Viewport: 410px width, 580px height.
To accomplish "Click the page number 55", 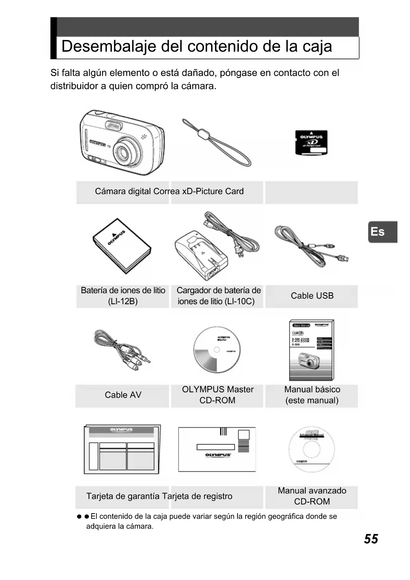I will tap(371, 539).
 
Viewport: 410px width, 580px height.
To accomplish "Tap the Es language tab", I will tap(378, 232).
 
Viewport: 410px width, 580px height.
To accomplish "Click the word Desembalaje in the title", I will tap(108, 46).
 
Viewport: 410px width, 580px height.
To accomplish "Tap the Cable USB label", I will tap(312, 296).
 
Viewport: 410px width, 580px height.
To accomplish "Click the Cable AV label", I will tap(123, 395).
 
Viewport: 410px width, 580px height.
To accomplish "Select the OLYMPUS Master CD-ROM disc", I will tap(217, 350).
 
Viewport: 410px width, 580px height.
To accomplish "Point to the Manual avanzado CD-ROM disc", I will tap(312, 449).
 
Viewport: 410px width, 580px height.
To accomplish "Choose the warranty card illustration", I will tap(122, 449).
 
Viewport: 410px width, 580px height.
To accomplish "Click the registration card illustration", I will tap(217, 449).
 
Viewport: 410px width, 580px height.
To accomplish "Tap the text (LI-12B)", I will tap(123, 301).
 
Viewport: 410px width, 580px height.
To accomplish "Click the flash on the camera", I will tap(113, 126).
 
